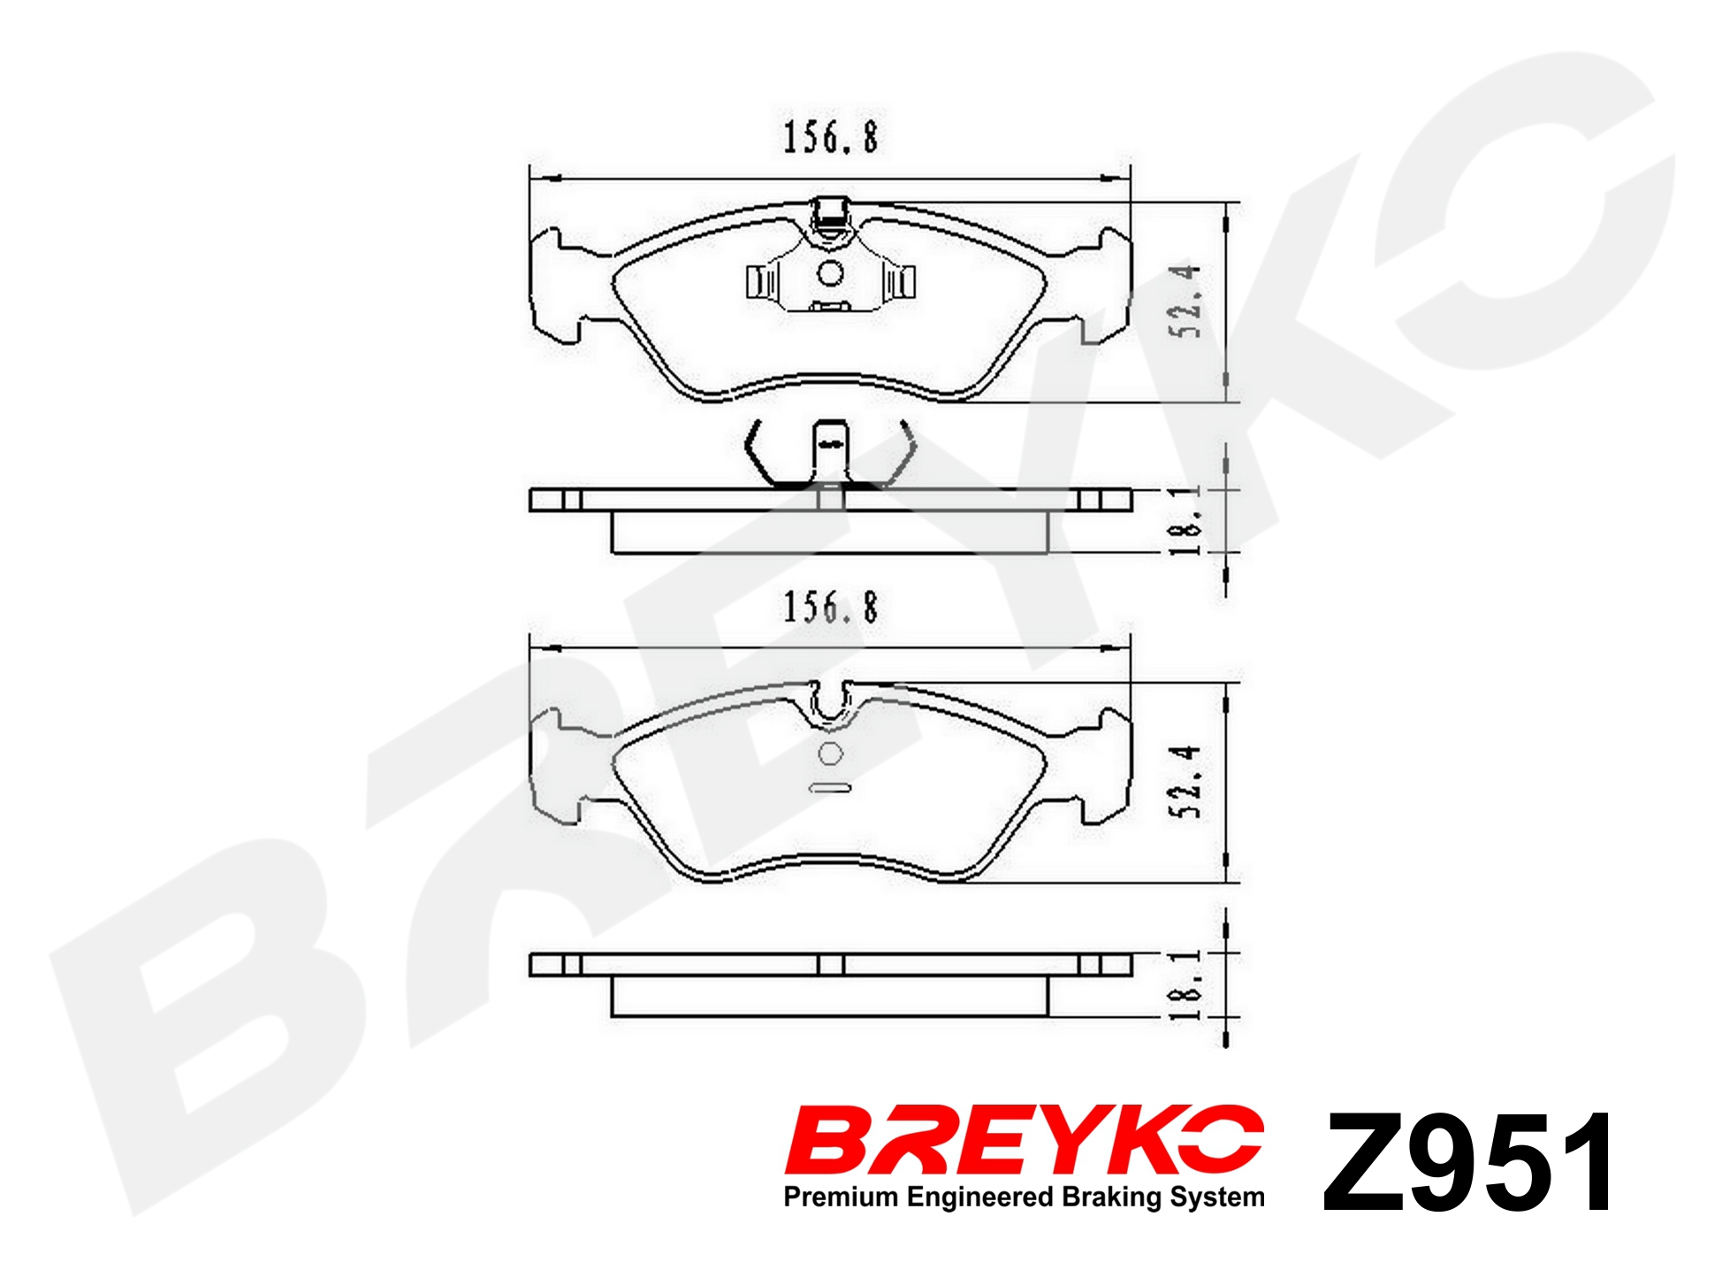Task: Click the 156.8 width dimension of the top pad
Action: tap(831, 138)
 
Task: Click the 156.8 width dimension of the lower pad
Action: tap(831, 608)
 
